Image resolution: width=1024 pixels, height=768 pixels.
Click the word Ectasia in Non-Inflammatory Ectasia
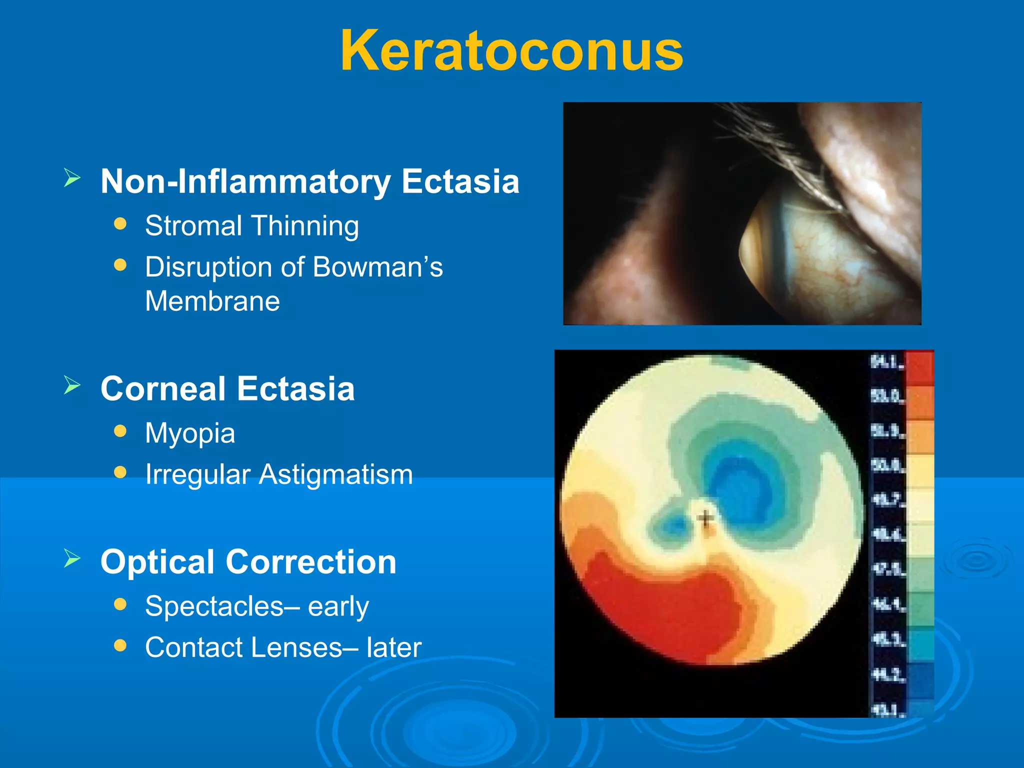(460, 181)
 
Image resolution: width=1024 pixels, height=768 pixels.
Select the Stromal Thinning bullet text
(251, 225)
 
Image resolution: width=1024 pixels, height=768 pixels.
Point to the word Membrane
(212, 301)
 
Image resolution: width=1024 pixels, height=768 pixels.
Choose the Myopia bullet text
(190, 433)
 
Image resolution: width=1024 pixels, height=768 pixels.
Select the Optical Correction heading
(248, 562)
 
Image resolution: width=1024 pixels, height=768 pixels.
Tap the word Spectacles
(214, 606)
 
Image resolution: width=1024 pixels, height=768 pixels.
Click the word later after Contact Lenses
(394, 648)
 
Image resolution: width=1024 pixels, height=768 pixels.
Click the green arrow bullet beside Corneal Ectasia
(72, 385)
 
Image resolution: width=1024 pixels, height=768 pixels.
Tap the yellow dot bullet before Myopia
(120, 431)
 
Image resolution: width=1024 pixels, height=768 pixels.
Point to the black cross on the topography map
(705, 518)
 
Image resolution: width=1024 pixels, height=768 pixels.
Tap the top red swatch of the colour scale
(919, 367)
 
